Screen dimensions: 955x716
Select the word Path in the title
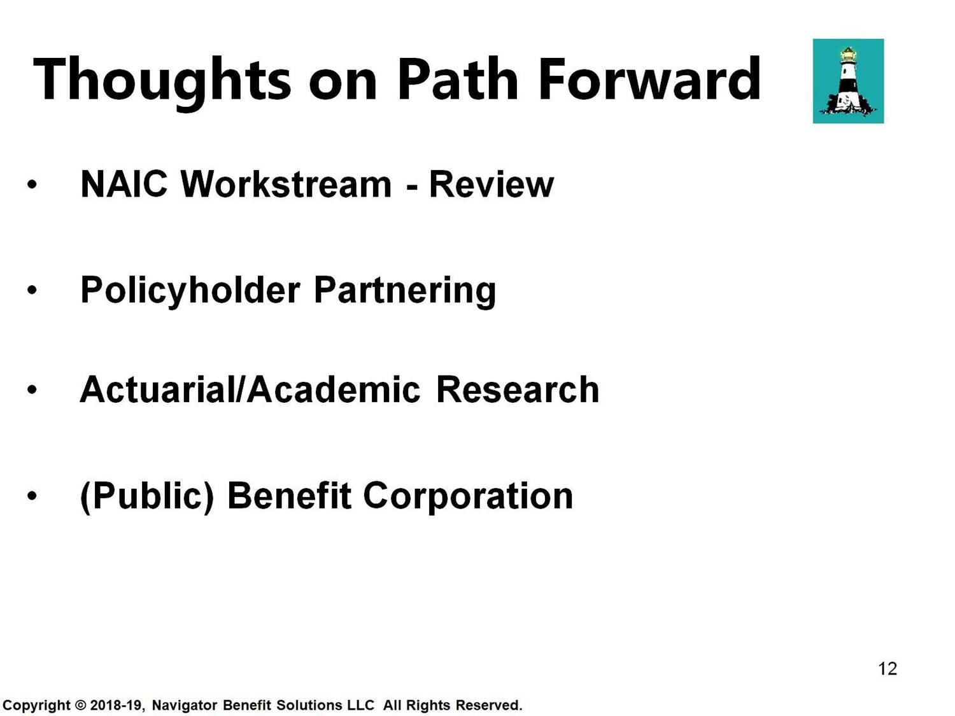click(x=458, y=79)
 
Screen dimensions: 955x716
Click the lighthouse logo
click(x=848, y=81)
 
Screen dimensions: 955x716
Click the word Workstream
click(x=286, y=185)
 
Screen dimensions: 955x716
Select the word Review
click(x=492, y=185)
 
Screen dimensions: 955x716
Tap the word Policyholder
click(x=190, y=291)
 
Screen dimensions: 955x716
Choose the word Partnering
click(x=405, y=291)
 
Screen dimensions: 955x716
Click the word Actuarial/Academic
click(x=250, y=390)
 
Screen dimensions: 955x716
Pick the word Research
click(x=518, y=390)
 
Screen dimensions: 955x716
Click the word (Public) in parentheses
click(x=147, y=496)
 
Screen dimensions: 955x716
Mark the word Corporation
click(x=468, y=496)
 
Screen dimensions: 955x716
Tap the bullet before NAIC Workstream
click(x=32, y=185)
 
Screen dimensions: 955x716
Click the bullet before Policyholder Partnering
click(x=32, y=290)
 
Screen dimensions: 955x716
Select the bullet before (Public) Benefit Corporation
click(x=32, y=496)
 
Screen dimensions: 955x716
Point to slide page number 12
click(x=888, y=669)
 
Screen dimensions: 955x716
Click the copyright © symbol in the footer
click(x=80, y=705)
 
